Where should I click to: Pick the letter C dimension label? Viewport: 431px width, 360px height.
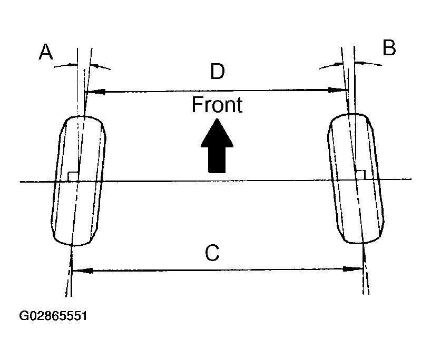(212, 253)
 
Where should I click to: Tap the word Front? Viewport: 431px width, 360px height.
(217, 105)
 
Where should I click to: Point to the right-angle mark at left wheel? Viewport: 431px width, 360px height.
(73, 176)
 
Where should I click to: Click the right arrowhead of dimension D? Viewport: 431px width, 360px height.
(337, 91)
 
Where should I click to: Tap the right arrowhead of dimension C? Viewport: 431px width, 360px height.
(352, 269)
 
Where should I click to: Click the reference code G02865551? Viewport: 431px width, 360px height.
(53, 316)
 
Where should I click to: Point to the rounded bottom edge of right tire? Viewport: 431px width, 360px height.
(363, 242)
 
